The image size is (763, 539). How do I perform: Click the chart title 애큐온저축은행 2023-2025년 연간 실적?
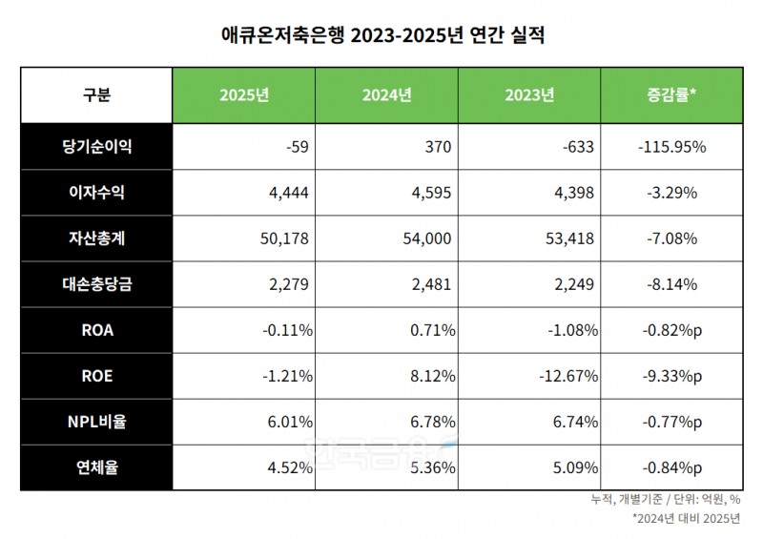[x=381, y=35]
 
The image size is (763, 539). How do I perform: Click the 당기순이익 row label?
[x=96, y=147]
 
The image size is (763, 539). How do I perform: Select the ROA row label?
[x=96, y=330]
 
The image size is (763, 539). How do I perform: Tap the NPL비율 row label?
[x=96, y=422]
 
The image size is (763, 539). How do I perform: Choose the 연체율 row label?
[x=96, y=467]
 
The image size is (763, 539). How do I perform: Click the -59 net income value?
[x=297, y=147]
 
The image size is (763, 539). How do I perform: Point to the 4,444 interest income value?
[x=289, y=193]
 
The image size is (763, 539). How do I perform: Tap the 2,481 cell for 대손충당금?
[x=433, y=284]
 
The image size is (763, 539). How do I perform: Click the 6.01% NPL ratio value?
[x=290, y=422]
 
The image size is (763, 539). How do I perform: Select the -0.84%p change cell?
[x=671, y=467]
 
